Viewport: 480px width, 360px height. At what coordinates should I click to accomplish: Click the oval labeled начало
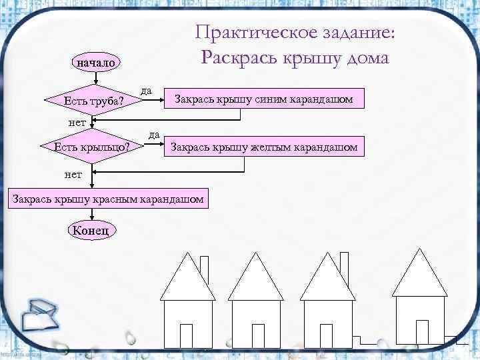pyautogui.click(x=96, y=63)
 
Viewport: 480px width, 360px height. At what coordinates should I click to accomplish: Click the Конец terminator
pyautogui.click(x=91, y=229)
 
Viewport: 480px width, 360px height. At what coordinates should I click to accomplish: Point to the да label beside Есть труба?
pyautogui.click(x=147, y=90)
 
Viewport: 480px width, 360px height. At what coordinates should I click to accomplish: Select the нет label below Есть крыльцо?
pyautogui.click(x=73, y=175)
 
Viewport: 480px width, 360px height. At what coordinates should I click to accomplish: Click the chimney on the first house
pyautogui.click(x=205, y=269)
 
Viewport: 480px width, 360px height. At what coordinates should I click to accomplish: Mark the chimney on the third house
pyautogui.click(x=344, y=265)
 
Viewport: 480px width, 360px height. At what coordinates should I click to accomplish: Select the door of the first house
pyautogui.click(x=186, y=336)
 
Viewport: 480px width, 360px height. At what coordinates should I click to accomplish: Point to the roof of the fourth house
pyautogui.click(x=419, y=275)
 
